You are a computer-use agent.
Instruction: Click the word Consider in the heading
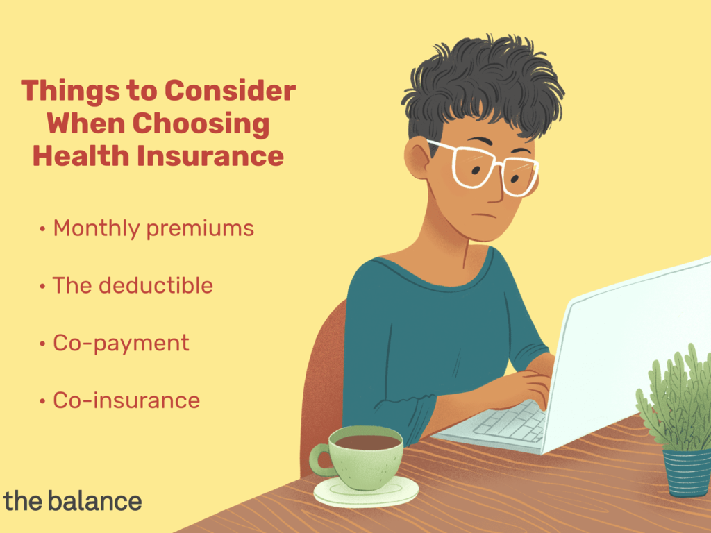[x=230, y=90]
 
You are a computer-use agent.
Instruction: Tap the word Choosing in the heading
[x=201, y=124]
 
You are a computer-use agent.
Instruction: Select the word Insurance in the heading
[x=210, y=156]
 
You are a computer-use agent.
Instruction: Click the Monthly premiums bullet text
[x=153, y=228]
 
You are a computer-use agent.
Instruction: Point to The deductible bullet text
[x=133, y=285]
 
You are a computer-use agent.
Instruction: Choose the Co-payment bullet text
[x=121, y=344]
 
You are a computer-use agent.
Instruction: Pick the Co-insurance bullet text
[x=126, y=400]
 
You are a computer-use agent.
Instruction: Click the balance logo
[x=72, y=501]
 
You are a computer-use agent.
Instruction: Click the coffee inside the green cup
[x=367, y=442]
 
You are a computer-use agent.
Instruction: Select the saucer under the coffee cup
[x=366, y=492]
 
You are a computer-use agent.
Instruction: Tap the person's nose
[x=495, y=190]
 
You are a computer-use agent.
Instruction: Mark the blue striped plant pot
[x=687, y=472]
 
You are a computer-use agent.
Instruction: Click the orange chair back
[x=323, y=385]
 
